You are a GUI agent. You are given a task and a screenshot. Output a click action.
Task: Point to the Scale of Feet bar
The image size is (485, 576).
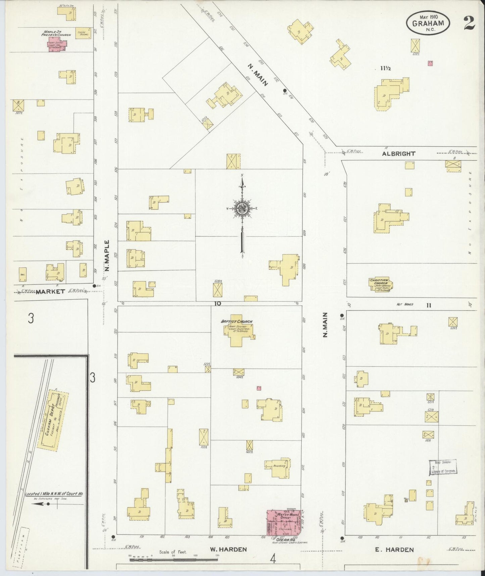[174, 560]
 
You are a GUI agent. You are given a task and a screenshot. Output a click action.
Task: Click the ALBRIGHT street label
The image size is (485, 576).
[398, 154]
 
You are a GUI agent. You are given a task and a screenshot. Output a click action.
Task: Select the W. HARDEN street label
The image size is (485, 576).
[228, 549]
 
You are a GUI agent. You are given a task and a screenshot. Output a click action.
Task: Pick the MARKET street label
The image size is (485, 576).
[50, 291]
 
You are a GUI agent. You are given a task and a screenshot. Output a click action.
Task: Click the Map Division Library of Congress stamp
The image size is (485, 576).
[443, 467]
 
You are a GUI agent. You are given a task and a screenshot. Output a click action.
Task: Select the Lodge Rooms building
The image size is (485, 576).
[83, 33]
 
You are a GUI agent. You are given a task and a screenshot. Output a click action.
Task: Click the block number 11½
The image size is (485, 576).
[385, 68]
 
